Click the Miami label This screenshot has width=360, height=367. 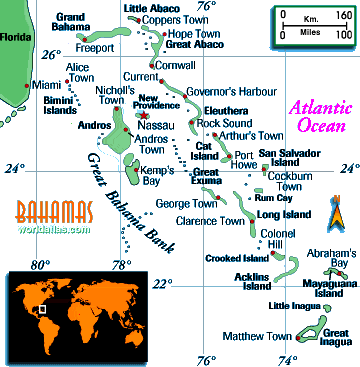click(x=46, y=86)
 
